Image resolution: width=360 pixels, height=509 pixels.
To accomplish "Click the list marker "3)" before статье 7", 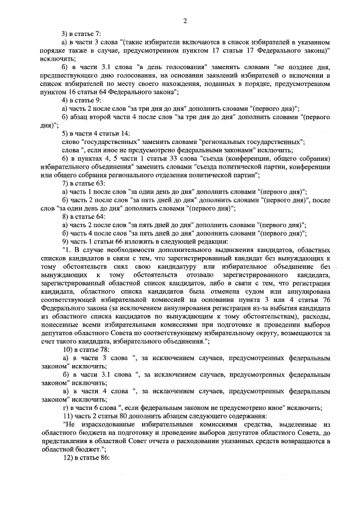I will click(66, 34).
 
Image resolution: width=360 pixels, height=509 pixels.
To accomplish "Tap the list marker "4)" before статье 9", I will click(66, 100).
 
